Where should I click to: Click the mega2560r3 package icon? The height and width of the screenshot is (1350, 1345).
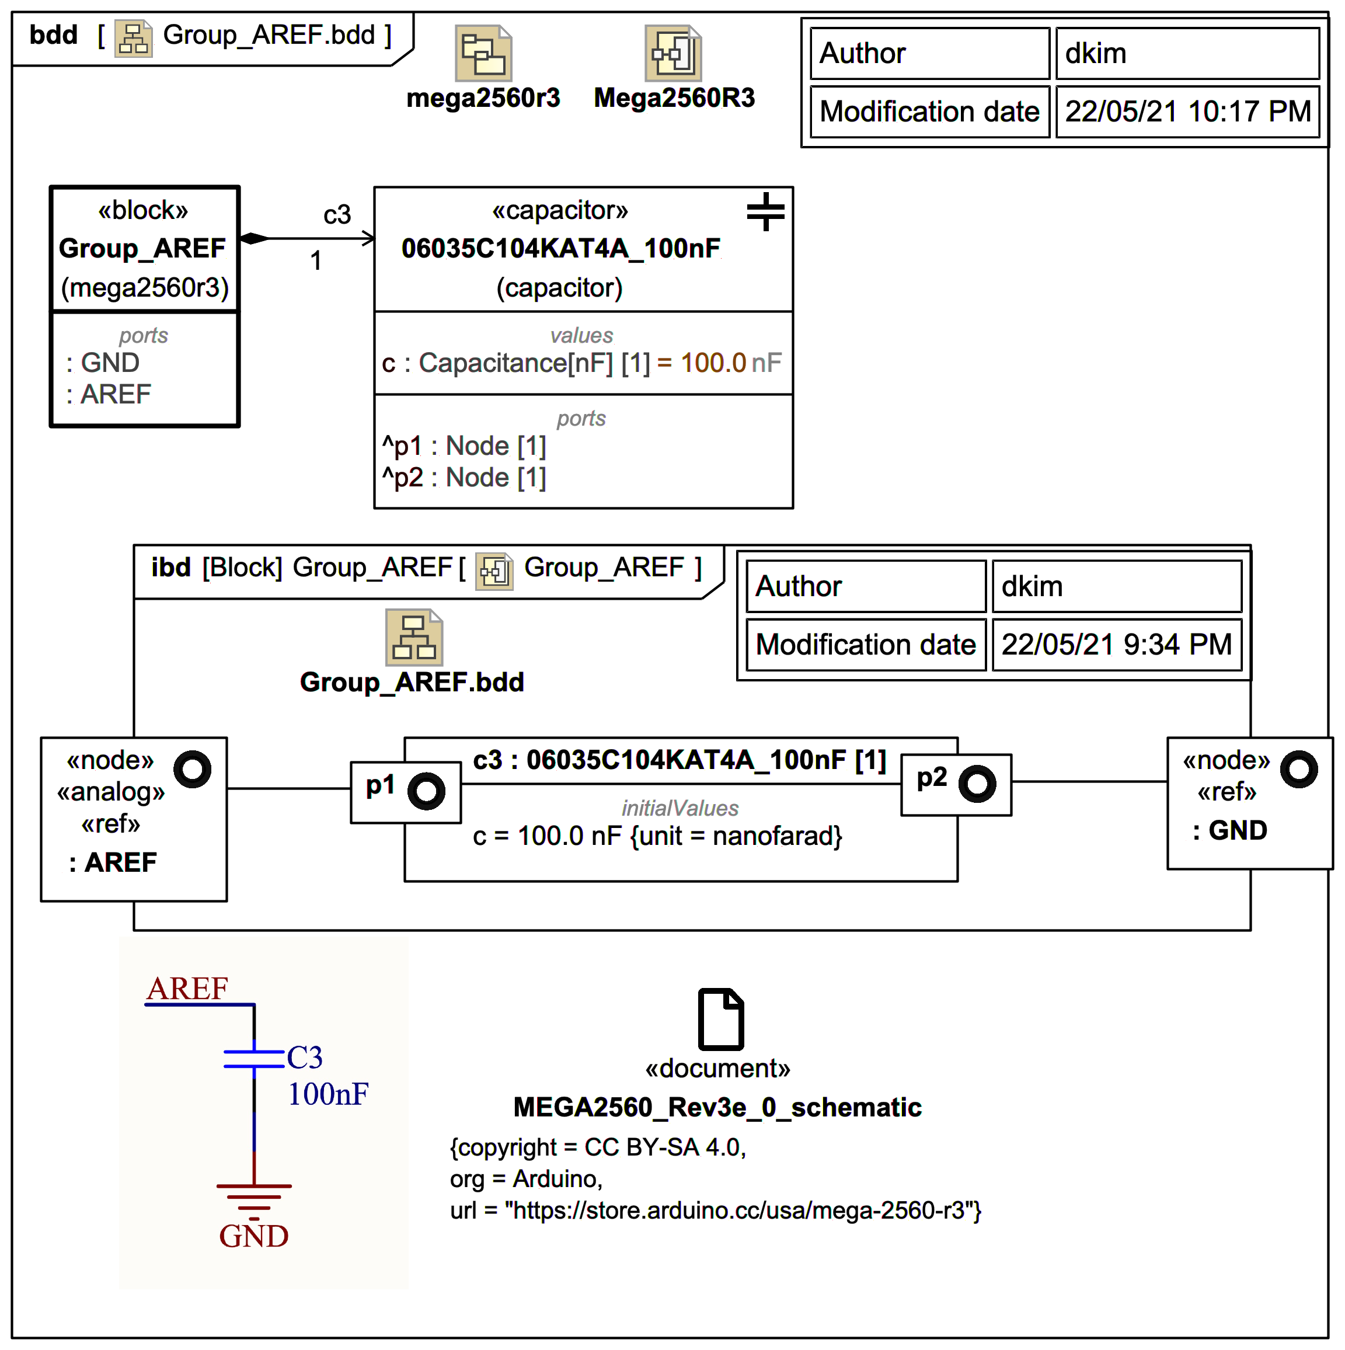(483, 53)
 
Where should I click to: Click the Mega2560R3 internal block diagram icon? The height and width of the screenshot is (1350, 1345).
(672, 53)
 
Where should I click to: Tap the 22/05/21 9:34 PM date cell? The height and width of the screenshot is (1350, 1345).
(1116, 644)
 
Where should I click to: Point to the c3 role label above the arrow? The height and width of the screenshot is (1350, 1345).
(337, 214)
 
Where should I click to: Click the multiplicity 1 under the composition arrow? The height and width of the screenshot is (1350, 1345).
(316, 260)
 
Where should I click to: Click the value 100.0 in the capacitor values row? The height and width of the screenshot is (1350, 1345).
(713, 363)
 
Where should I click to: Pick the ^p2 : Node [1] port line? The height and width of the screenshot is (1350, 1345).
(464, 478)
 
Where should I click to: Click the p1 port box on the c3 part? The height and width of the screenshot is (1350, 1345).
(405, 792)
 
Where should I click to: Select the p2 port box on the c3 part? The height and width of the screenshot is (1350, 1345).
(955, 784)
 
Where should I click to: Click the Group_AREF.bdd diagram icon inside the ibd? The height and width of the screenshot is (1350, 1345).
(414, 637)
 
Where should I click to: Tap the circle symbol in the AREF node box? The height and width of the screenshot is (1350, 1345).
(192, 770)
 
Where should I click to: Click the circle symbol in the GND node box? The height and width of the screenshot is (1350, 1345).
(1298, 770)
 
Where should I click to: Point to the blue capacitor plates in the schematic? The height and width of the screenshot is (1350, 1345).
(253, 1059)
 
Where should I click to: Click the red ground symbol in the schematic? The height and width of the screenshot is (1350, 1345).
(253, 1196)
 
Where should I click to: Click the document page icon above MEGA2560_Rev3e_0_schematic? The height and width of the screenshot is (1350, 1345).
(720, 1019)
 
